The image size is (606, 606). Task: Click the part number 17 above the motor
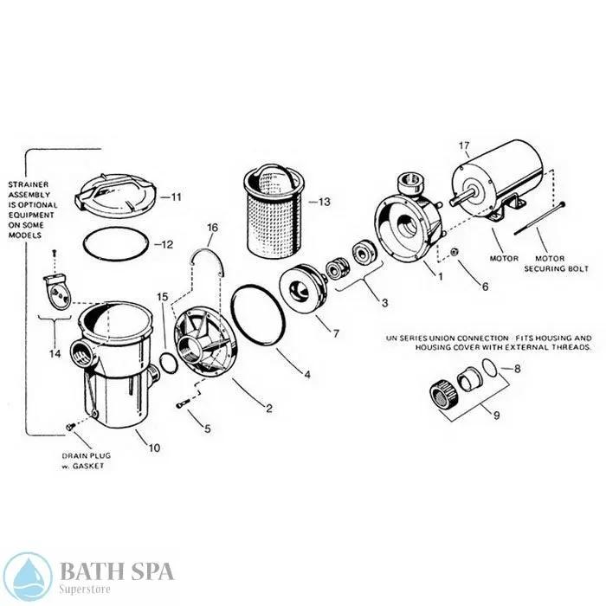tap(464, 146)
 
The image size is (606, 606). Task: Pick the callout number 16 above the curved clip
tap(211, 229)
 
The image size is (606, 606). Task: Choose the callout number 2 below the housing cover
tap(268, 408)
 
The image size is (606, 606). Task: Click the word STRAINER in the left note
tap(28, 184)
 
